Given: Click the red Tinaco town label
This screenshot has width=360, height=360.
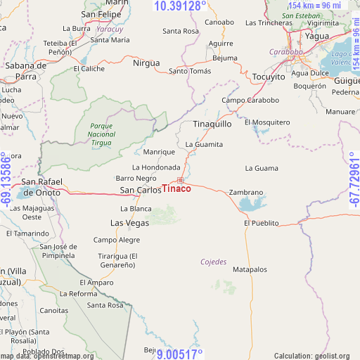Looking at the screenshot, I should coord(176,189).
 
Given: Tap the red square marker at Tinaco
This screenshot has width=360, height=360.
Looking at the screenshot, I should coord(180,180).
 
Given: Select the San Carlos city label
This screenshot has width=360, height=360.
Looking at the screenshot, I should coord(140,191).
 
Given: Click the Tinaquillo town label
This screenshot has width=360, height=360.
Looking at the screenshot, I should coord(212,124).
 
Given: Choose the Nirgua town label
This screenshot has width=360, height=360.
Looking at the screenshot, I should coord(146,63).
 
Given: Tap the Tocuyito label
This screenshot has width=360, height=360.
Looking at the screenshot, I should coord(268,77).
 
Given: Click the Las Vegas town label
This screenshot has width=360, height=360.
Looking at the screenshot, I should coord(129,223).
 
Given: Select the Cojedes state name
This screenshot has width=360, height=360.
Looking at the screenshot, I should coord(214,262).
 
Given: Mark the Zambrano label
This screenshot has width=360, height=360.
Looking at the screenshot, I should coord(246,192).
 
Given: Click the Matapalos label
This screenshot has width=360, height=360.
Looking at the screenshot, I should coord(250,269).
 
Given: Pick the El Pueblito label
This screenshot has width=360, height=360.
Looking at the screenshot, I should coord(262,223).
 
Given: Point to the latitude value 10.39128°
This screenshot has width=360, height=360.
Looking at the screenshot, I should coord(180,6).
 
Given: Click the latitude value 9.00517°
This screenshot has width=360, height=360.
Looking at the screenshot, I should coord(180,354).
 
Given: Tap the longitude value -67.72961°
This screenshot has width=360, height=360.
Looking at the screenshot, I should coord(353,180).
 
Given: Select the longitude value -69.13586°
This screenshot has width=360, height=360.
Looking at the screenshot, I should coord(6,180).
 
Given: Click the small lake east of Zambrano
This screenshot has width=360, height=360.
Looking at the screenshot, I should coord(249,205).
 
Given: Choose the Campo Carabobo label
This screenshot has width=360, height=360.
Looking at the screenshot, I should coord(250,100).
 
